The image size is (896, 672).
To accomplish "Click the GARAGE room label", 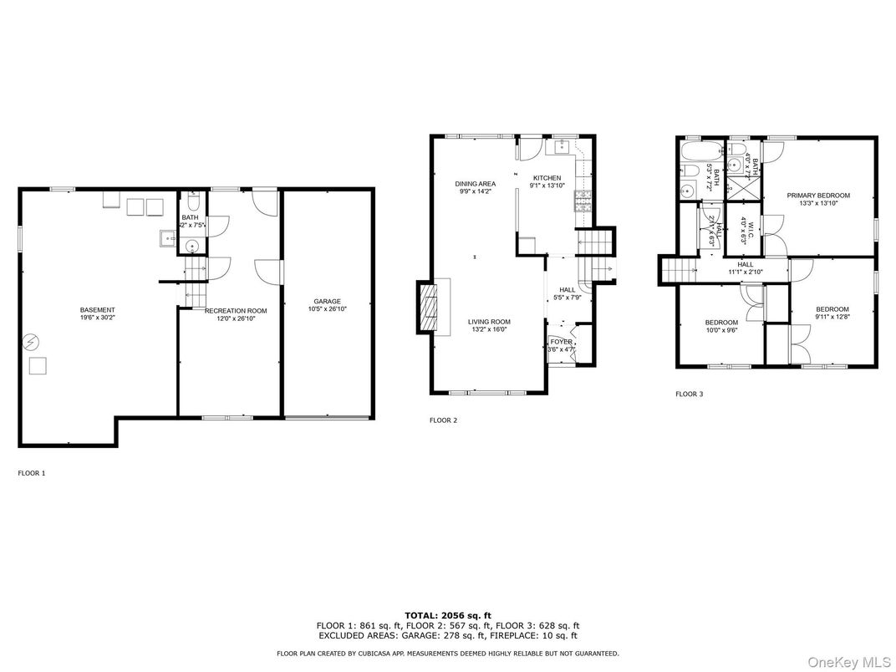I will [x=327, y=302].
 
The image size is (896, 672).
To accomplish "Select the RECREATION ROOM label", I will [x=235, y=311].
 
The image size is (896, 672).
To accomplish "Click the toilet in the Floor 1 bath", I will [x=193, y=203].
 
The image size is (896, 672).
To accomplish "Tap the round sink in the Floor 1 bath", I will [x=191, y=246].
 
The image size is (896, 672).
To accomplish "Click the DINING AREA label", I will [x=475, y=183].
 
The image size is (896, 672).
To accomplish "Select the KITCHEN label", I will [x=547, y=178].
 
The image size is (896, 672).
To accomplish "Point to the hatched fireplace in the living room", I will [x=427, y=308].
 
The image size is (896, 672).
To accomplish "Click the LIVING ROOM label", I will [x=488, y=322].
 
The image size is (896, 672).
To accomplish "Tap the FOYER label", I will [x=561, y=341].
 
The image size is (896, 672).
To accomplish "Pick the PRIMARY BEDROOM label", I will [x=817, y=196].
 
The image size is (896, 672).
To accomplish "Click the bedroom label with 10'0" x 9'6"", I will [x=720, y=323].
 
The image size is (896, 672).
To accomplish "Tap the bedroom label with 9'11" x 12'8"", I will [x=832, y=309].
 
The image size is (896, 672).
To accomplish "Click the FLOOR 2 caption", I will [x=443, y=420].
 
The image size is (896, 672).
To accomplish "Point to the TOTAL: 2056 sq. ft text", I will [x=447, y=614].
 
